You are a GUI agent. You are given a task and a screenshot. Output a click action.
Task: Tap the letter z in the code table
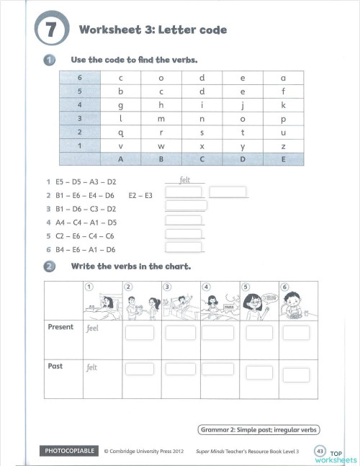(283, 145)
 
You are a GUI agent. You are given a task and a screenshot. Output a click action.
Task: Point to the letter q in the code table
(121, 132)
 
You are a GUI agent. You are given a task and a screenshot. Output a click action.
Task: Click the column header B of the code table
(161, 158)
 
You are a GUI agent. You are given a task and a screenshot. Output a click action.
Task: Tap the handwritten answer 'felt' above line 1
(184, 182)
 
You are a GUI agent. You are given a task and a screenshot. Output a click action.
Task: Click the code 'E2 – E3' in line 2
(140, 194)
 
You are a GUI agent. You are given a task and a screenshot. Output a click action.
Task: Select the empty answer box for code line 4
(184, 221)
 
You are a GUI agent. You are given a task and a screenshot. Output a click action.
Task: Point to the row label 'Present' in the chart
(60, 327)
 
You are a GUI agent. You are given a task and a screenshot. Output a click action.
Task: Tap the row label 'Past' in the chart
(55, 366)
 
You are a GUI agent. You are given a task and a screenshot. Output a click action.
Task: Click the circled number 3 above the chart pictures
(168, 286)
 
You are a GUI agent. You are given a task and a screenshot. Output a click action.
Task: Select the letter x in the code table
(202, 145)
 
